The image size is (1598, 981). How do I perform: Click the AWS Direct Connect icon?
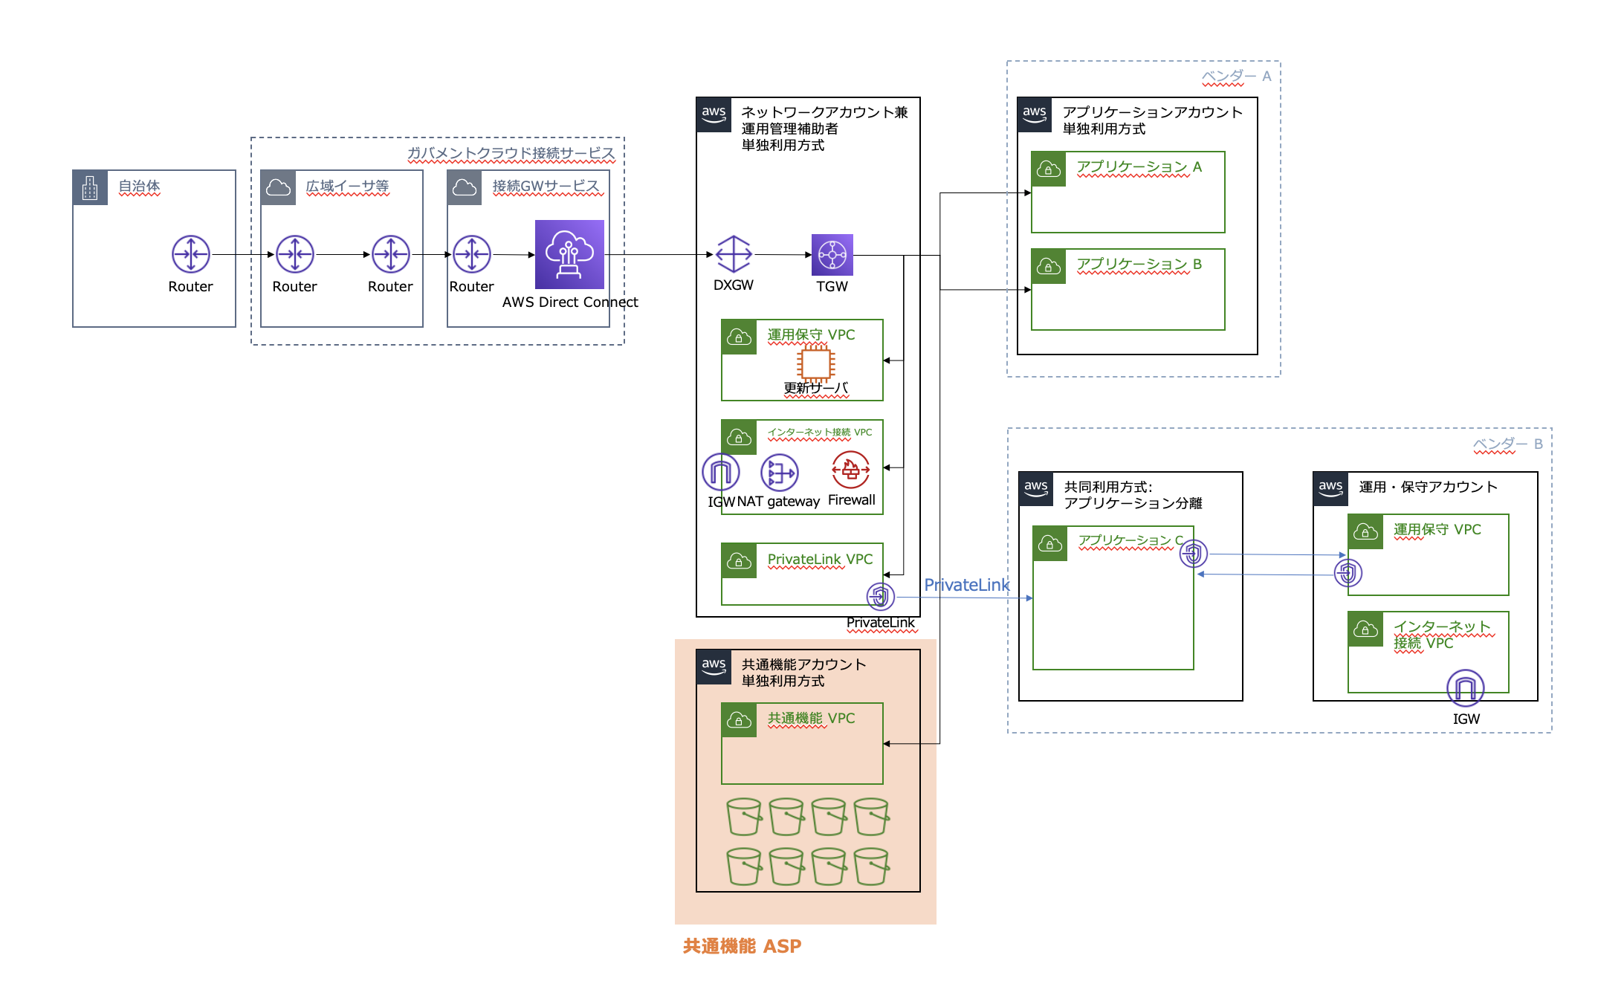[x=569, y=254]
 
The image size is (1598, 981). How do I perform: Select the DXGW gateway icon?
[x=734, y=254]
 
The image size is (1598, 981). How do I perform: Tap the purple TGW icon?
[x=832, y=255]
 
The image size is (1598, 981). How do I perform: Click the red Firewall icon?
[x=851, y=470]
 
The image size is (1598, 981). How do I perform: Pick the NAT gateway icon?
[x=780, y=472]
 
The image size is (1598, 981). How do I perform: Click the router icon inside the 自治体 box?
[x=191, y=254]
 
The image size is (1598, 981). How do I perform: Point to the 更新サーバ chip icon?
[x=815, y=363]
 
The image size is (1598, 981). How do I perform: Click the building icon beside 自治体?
[x=90, y=187]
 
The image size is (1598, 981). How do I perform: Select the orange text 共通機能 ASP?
[x=742, y=946]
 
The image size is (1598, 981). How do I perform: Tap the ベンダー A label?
[x=1237, y=77]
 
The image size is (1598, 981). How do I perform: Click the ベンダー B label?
[x=1508, y=444]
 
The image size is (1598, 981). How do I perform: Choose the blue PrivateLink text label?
[x=966, y=585]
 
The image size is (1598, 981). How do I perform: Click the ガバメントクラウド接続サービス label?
[x=511, y=153]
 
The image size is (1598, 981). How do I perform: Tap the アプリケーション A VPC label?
[x=1139, y=167]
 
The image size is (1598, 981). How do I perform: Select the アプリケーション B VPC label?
[x=1139, y=265]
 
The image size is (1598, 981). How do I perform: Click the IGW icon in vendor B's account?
[x=1465, y=688]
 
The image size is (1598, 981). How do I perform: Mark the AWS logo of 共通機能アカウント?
[x=714, y=667]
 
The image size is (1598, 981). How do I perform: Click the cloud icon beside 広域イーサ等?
[x=279, y=187]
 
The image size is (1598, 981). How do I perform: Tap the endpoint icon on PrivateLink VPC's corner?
[x=881, y=596]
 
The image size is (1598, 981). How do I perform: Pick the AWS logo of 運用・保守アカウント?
[x=1330, y=489]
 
